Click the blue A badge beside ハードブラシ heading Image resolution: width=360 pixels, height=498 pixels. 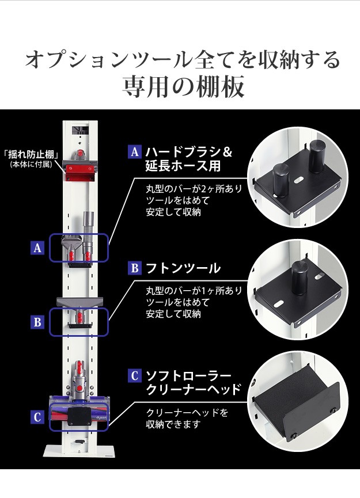click(x=134, y=152)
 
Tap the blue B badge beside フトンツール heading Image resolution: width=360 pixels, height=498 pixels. click(x=134, y=268)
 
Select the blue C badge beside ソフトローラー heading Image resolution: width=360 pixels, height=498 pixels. click(x=134, y=375)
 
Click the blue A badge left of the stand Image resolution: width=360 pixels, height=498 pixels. click(x=37, y=248)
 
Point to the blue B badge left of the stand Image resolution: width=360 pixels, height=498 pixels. click(x=37, y=322)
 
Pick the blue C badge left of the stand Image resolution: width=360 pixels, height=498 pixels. click(x=37, y=417)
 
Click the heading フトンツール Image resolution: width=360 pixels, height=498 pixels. click(x=183, y=268)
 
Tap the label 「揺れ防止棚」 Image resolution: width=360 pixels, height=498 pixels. click(x=31, y=155)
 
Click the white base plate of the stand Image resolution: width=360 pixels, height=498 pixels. click(x=79, y=451)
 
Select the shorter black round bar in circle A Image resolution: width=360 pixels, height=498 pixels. click(x=281, y=180)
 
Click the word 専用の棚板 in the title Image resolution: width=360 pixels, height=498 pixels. click(x=183, y=86)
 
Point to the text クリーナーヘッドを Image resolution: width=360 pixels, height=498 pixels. click(x=187, y=413)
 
